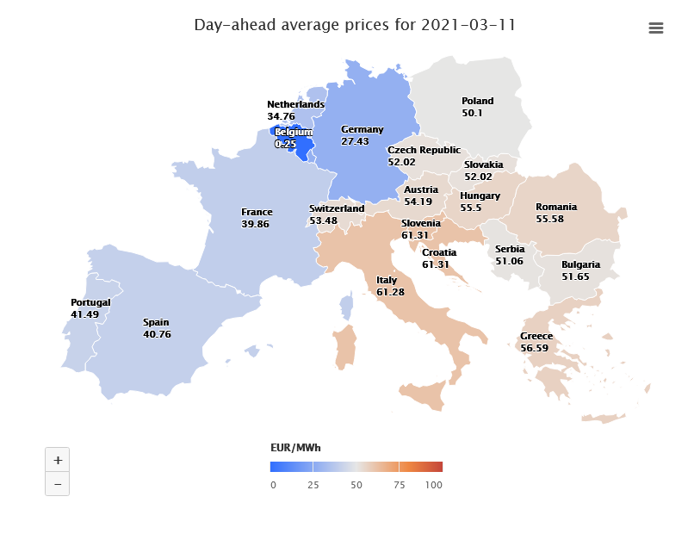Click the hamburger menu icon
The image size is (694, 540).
click(x=655, y=28)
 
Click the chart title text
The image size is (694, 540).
click(x=355, y=25)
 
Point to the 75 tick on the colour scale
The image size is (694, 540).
click(x=399, y=485)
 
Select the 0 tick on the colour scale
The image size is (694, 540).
click(x=273, y=485)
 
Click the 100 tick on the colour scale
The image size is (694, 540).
click(x=433, y=485)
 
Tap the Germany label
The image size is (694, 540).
click(x=362, y=129)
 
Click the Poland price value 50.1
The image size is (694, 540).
click(x=472, y=113)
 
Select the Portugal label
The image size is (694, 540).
click(x=90, y=302)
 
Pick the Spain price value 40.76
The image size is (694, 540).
click(x=157, y=334)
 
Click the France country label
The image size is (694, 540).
click(x=257, y=212)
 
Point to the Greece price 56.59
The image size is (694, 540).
click(x=534, y=348)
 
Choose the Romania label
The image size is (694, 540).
click(x=556, y=207)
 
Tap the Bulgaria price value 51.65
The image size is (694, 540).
click(x=575, y=276)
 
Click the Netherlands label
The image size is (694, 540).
click(x=295, y=104)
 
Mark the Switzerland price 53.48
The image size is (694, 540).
click(x=324, y=220)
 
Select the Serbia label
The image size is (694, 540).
click(x=510, y=249)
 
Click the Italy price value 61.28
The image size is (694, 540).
click(x=390, y=292)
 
